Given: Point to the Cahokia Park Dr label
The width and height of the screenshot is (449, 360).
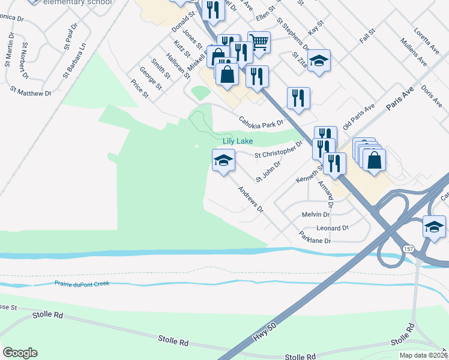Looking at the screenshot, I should point(261,122).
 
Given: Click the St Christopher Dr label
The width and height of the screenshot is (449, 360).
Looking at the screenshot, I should point(279,150).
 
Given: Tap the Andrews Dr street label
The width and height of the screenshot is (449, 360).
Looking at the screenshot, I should point(250,200).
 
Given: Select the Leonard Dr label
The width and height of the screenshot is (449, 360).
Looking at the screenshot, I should point(333,228).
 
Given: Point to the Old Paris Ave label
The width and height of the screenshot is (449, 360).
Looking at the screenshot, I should point(359,115).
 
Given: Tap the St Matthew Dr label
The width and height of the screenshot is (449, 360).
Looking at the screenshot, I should point(31,90).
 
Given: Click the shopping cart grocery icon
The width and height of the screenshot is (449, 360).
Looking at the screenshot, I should point(259,43).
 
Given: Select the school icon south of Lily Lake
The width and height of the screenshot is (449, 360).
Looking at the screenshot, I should point(223,160).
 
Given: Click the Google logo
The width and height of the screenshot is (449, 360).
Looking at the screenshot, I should point(20,353).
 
